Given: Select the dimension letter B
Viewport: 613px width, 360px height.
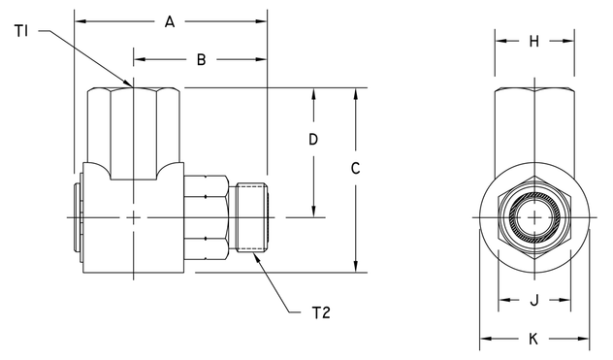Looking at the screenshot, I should [x=201, y=59].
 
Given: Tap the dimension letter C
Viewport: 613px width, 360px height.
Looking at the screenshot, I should [x=355, y=168].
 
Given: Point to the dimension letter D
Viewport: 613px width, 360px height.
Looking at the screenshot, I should [x=312, y=140].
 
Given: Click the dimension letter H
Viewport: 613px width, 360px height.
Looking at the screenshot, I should [x=533, y=41].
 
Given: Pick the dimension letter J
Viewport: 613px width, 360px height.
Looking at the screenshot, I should [x=533, y=300].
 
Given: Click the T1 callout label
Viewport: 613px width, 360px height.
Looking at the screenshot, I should [x=22, y=32].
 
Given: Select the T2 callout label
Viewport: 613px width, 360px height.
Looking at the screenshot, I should [x=322, y=312].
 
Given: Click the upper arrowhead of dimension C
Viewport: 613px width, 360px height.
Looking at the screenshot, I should [x=355, y=94].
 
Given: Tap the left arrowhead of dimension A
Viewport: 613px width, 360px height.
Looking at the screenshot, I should [x=80, y=20].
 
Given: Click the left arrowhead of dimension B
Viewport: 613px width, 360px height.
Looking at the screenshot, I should [x=138, y=59].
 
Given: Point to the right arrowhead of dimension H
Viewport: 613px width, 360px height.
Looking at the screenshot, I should [x=566, y=41].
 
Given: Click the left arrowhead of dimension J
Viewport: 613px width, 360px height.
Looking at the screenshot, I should [x=502, y=300].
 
